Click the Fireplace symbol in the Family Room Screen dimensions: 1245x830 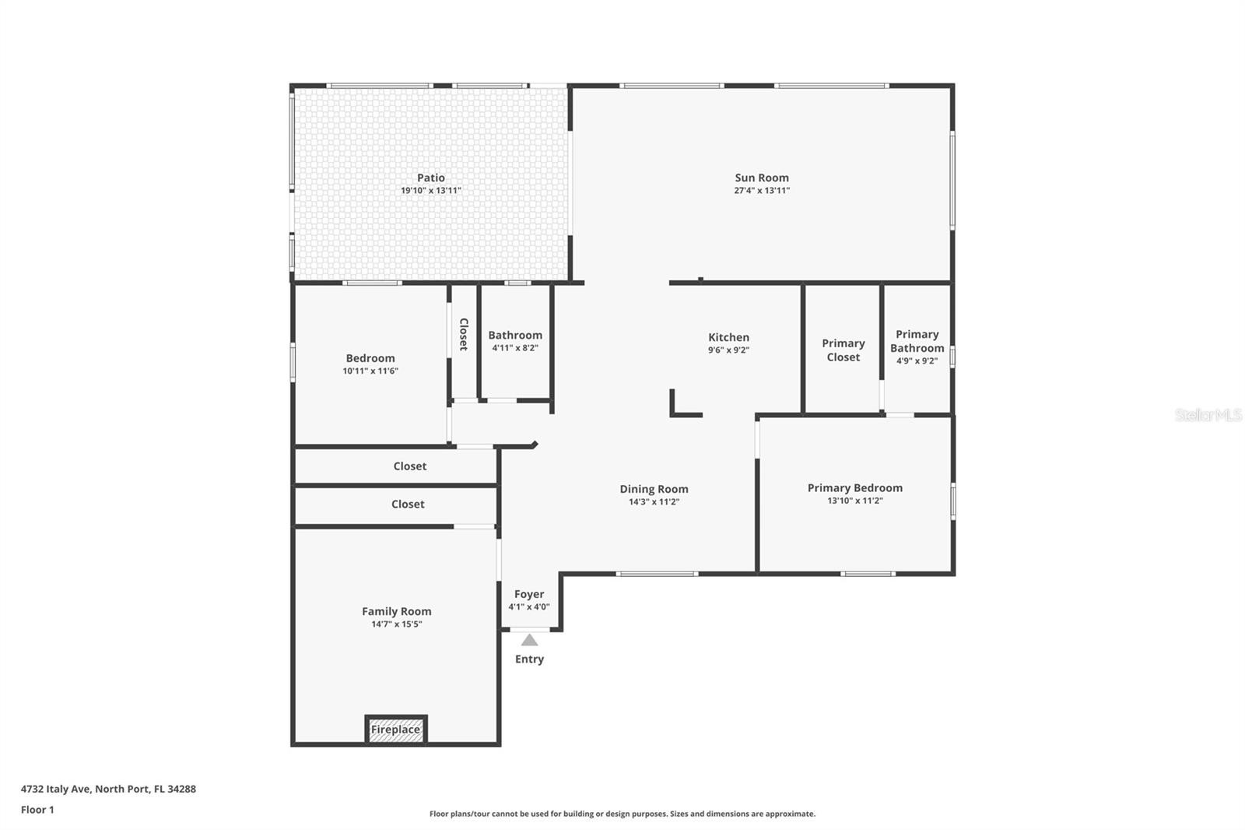396,729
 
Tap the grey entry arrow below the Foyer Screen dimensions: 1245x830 529,640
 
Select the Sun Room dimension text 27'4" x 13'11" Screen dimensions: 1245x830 762,190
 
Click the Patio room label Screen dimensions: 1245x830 431,178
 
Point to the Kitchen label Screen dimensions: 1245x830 728,337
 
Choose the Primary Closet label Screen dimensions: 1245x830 843,350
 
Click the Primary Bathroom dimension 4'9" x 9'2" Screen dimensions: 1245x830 917,360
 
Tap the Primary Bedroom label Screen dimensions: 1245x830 855,488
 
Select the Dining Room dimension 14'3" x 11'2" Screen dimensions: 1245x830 654,501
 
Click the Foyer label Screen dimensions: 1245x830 529,594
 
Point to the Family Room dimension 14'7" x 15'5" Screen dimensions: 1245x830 396,624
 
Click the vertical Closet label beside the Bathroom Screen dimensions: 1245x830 464,334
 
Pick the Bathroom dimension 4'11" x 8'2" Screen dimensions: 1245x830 515,348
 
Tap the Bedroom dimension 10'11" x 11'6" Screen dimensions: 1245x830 370,371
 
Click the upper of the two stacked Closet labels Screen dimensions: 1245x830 409,466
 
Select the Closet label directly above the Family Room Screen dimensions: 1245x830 408,504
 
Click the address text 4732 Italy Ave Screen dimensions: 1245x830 55,789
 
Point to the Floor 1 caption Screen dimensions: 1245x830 37,810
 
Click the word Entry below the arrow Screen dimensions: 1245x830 529,659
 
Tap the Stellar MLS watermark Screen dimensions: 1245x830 1209,415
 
